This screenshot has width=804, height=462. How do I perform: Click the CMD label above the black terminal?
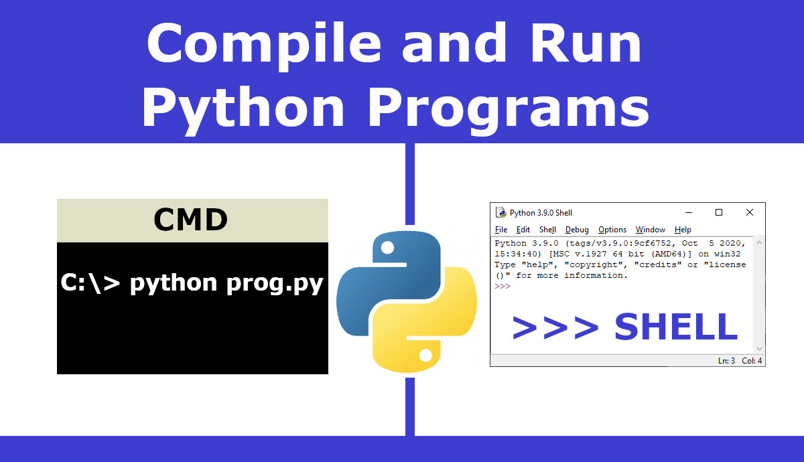(190, 220)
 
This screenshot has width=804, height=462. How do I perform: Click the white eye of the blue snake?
(388, 248)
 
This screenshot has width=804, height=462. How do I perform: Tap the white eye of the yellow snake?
(425, 355)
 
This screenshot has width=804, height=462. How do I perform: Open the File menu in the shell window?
(501, 230)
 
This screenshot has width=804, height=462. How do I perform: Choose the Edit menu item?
(523, 230)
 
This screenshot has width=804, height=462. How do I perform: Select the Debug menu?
(577, 230)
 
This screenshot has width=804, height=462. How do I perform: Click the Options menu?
(612, 230)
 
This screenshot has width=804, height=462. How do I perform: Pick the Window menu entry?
(651, 230)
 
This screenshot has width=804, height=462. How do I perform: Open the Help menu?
(683, 230)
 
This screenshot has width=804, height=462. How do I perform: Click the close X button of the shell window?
(750, 212)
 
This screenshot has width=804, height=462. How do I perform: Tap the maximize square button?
(719, 212)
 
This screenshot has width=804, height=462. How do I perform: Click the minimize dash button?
(689, 213)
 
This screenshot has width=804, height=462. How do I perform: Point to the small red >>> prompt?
(502, 287)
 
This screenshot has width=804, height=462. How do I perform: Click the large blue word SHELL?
(676, 327)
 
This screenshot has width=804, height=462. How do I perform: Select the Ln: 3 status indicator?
(726, 361)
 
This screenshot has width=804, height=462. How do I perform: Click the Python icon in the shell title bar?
(500, 212)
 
